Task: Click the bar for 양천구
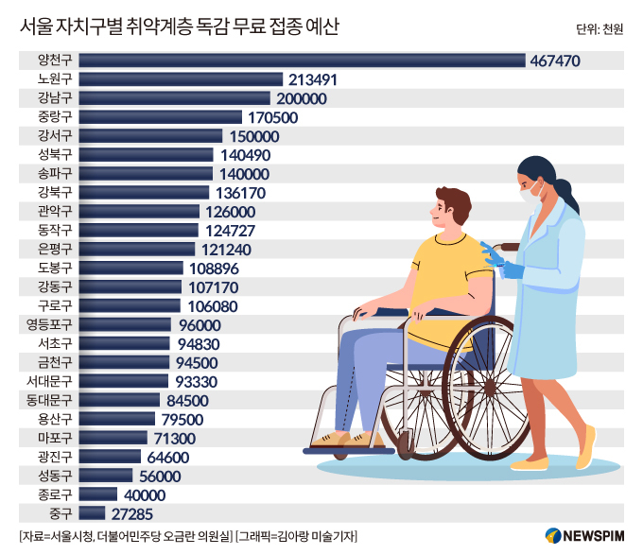(302, 61)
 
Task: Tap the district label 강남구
(47, 98)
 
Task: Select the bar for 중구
(92, 512)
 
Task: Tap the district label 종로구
(47, 494)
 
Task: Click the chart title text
(179, 27)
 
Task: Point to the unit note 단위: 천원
(599, 29)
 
